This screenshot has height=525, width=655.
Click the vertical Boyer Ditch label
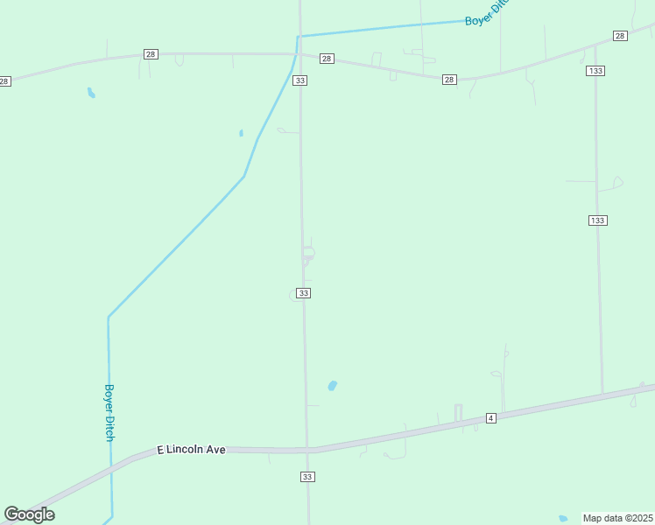(109, 412)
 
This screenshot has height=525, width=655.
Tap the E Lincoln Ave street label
(191, 449)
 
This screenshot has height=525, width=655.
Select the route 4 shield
(490, 418)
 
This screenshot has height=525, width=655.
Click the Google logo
(29, 514)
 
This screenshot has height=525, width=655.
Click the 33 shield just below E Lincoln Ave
(307, 477)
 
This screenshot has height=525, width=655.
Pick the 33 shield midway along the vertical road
(303, 293)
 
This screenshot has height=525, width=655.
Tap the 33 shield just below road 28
(300, 80)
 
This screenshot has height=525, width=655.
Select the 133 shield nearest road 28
(596, 70)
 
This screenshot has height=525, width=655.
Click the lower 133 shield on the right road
(597, 220)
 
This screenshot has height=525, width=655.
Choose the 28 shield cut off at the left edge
(4, 81)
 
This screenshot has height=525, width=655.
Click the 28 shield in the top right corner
(620, 36)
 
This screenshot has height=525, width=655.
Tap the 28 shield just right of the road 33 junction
(327, 59)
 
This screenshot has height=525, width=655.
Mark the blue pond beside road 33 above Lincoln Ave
(332, 385)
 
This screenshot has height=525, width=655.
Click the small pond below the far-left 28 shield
(91, 92)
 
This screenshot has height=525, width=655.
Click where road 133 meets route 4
(602, 394)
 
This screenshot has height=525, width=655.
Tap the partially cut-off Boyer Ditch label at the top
(487, 14)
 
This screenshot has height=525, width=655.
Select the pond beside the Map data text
(563, 518)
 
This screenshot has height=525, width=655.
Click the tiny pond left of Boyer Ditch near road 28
(241, 133)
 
